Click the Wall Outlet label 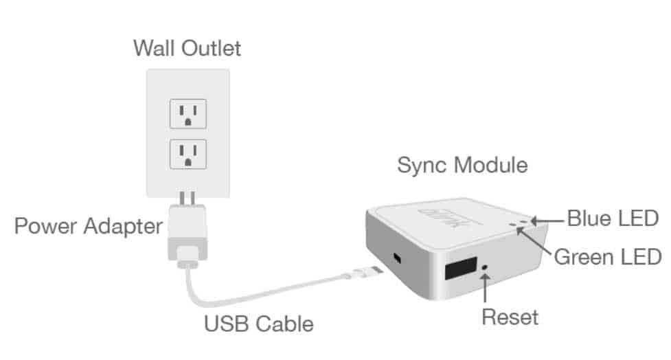(x=187, y=48)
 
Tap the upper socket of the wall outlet (x=187, y=113)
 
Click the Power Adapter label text (x=89, y=226)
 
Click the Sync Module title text (x=462, y=166)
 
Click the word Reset (x=510, y=317)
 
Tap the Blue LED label (x=613, y=219)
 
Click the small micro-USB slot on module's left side (x=397, y=259)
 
